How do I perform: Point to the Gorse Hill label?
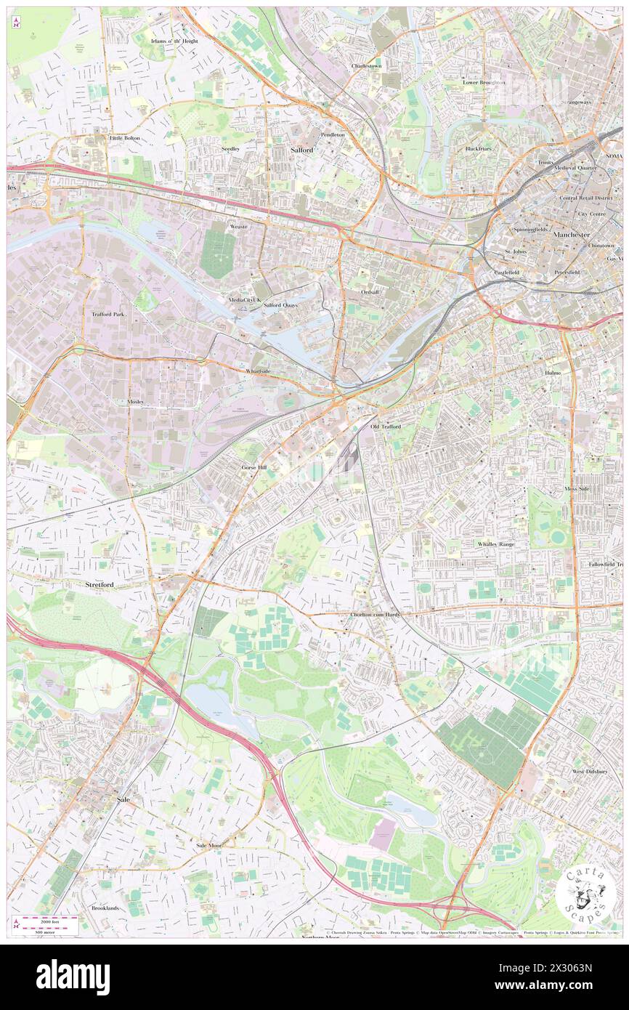pyautogui.click(x=254, y=467)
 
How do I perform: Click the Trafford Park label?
pyautogui.click(x=108, y=315)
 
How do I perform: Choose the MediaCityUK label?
pyautogui.click(x=244, y=299)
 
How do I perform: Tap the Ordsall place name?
pyautogui.click(x=370, y=291)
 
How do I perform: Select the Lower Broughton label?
pyautogui.click(x=484, y=82)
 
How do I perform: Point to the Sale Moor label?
pyautogui.click(x=208, y=846)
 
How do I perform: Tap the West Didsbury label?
pyautogui.click(x=588, y=771)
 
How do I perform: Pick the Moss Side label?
pyautogui.click(x=577, y=489)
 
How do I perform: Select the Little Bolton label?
pyautogui.click(x=124, y=137)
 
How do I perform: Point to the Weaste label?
pyautogui.click(x=238, y=226)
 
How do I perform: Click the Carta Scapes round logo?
pyautogui.click(x=585, y=893)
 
